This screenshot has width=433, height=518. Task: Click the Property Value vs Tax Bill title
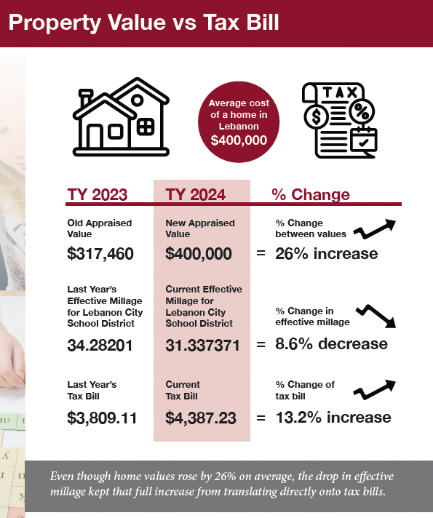click(143, 22)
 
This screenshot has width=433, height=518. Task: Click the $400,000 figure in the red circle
click(239, 139)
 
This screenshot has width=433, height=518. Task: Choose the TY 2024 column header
click(196, 194)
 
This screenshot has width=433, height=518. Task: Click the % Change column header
click(311, 194)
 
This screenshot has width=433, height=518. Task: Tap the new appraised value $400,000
click(199, 254)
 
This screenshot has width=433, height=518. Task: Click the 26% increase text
click(327, 254)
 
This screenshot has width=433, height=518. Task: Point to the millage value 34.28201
click(100, 345)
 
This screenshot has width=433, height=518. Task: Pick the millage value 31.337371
click(202, 345)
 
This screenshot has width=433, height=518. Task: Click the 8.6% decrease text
click(331, 343)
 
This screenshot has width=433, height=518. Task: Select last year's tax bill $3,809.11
click(103, 418)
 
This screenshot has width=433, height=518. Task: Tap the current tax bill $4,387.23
click(202, 418)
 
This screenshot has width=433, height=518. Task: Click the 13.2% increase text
click(333, 418)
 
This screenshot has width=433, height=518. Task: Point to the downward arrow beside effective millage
click(378, 315)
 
